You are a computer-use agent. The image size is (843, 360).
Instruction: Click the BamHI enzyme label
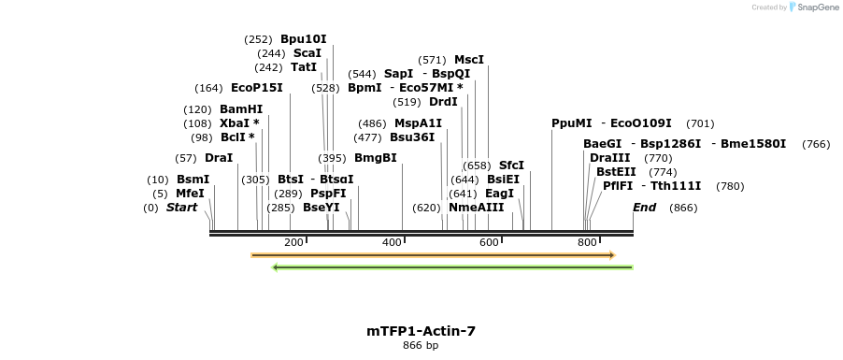point(241,109)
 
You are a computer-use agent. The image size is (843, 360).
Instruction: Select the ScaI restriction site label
point(307,53)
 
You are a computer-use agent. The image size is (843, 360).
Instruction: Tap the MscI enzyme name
point(468,60)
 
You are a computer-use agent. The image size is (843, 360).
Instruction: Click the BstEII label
point(616,172)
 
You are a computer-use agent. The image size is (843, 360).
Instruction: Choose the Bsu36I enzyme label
point(412,137)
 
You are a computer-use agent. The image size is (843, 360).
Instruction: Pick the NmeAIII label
point(476,208)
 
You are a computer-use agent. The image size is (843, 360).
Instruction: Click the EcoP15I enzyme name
point(256,88)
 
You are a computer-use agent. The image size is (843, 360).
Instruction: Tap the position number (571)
point(432,60)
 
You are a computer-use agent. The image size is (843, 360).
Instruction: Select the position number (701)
point(700,123)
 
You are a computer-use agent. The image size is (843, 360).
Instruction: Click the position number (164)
point(208,88)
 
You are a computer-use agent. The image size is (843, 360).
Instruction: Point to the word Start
point(181,208)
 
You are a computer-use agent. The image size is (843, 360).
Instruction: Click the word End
point(644,208)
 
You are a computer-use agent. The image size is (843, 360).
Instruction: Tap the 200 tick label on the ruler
point(293,243)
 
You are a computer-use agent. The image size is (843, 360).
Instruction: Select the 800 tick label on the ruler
point(587,243)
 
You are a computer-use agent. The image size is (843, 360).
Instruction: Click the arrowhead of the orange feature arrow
point(611,254)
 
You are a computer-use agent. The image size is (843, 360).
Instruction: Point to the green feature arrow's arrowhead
point(276,267)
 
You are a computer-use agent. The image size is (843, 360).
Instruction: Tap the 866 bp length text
point(421,346)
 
